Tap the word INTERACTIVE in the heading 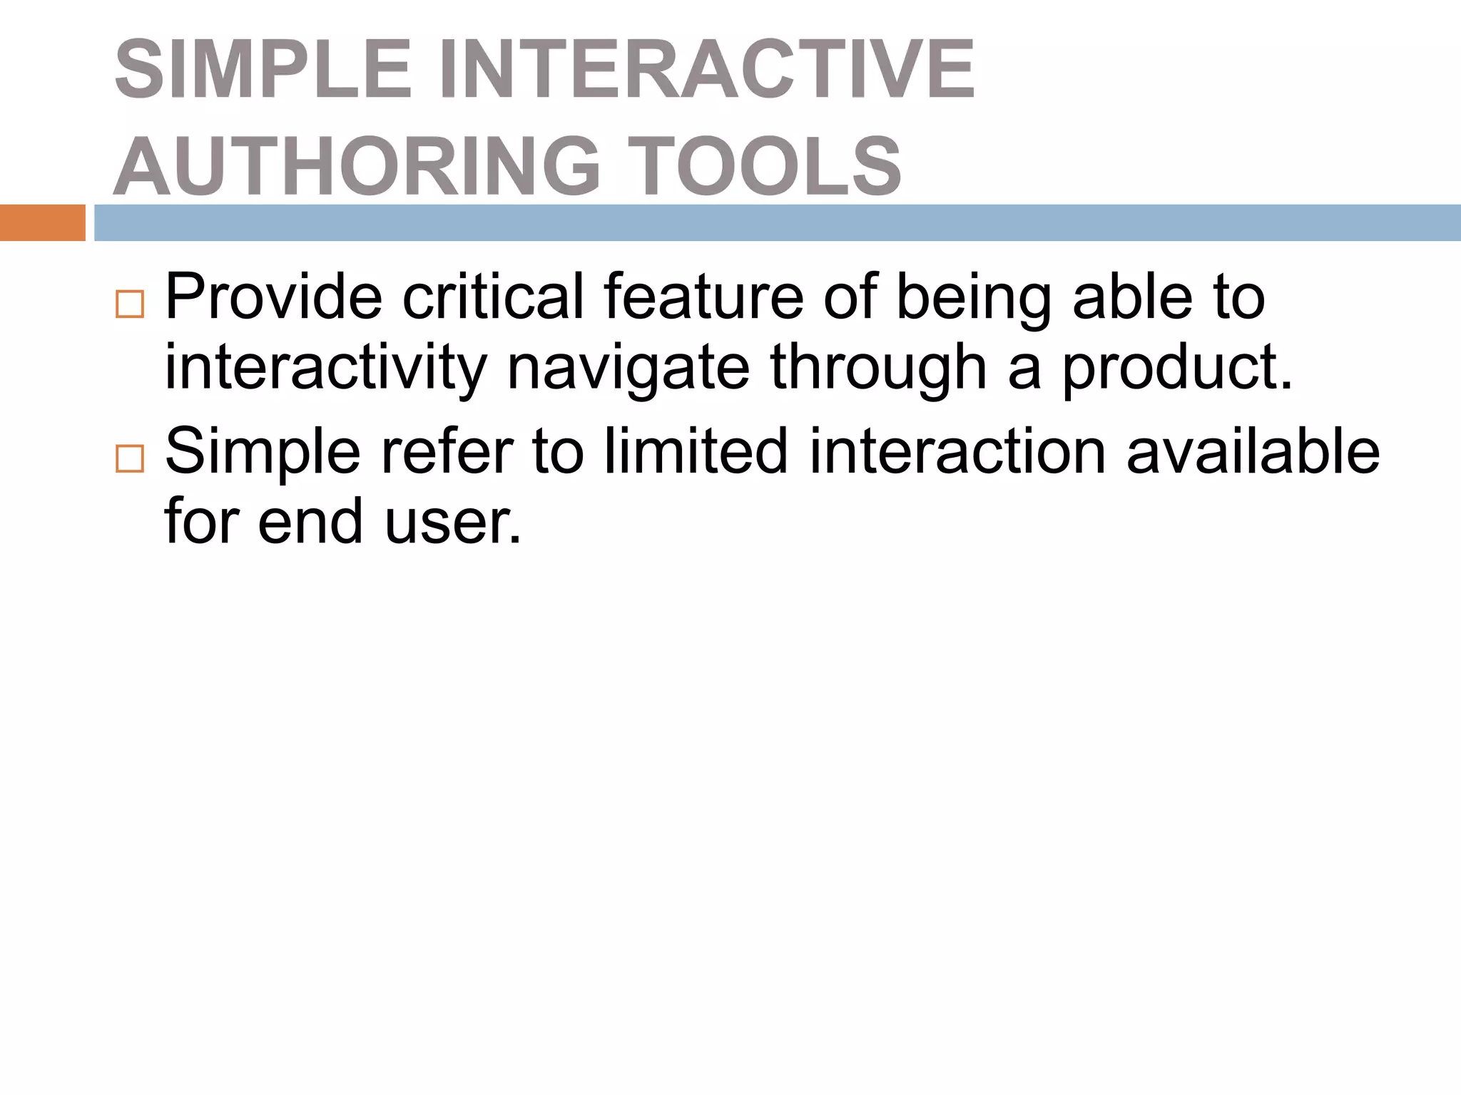coord(706,70)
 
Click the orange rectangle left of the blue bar coord(42,222)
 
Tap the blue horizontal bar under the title coord(778,222)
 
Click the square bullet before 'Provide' coord(130,304)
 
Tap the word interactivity coord(325,368)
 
